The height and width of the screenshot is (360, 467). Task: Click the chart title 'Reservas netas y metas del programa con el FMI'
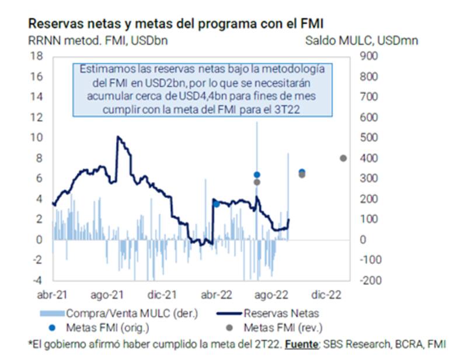[175, 24]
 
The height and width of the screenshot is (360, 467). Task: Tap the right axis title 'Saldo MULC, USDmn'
[361, 41]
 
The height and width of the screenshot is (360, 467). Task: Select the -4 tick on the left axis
[36, 280]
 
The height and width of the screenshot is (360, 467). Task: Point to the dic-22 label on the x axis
[328, 295]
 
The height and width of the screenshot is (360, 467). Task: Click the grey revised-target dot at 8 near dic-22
[343, 158]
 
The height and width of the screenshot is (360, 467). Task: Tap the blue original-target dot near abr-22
[217, 204]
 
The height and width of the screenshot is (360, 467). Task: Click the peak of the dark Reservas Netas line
[118, 137]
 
